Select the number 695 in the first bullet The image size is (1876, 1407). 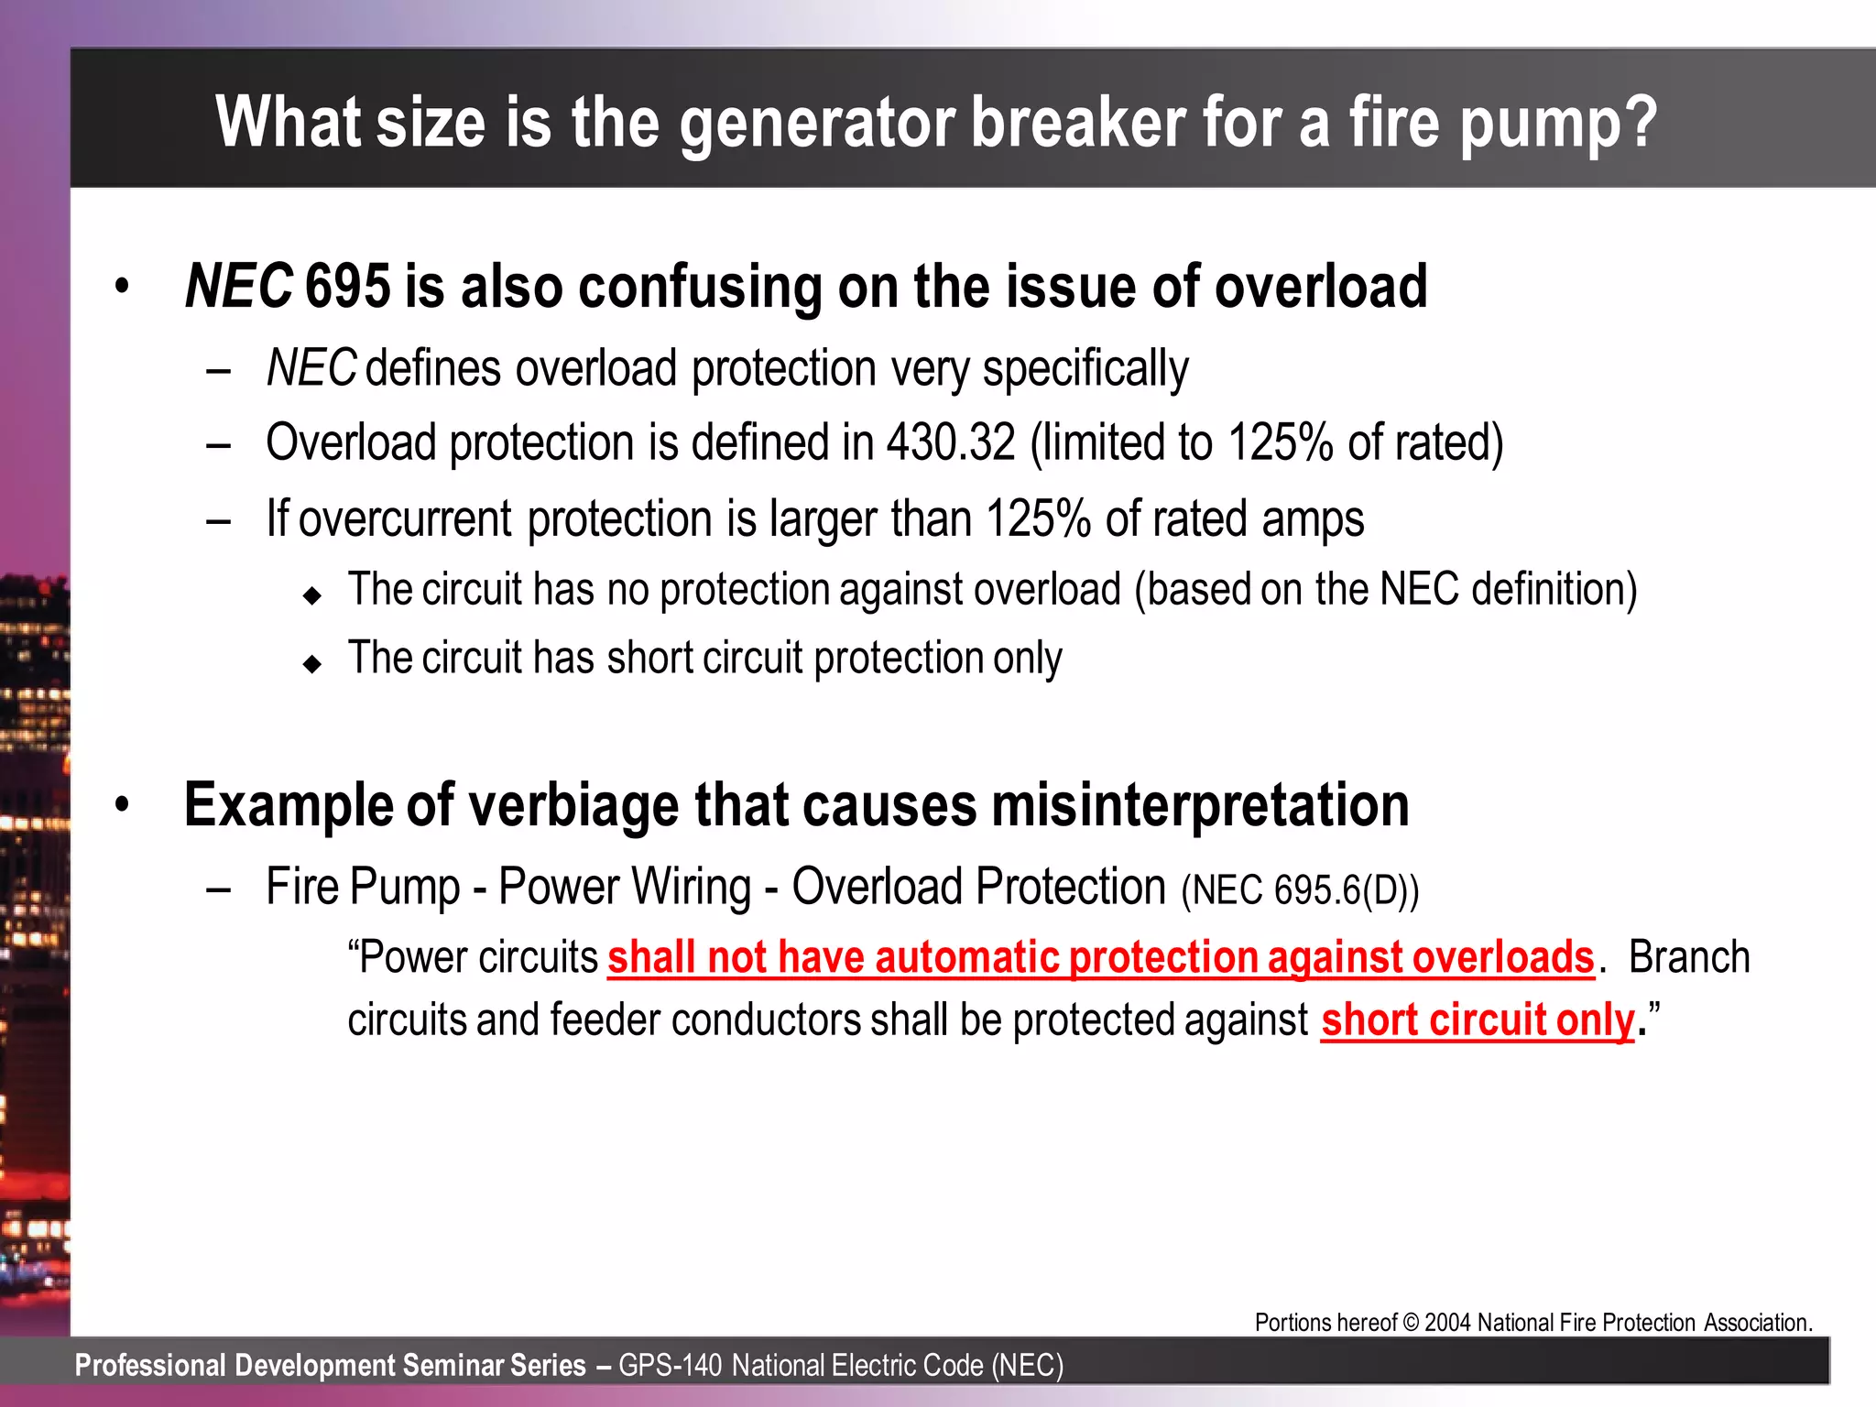[347, 287]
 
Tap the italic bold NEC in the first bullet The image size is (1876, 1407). [238, 287]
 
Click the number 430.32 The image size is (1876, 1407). [951, 443]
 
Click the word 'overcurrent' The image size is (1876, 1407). [405, 519]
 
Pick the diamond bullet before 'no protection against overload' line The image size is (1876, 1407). [312, 595]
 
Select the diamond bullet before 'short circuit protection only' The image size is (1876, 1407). [312, 664]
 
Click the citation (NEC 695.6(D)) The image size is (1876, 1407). [1300, 890]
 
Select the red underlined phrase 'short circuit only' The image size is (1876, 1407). [1477, 1020]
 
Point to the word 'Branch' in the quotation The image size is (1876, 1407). [1688, 958]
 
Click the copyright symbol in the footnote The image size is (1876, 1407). [1411, 1323]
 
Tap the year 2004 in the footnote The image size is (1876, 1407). [1448, 1323]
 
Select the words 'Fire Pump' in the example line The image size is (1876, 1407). [363, 888]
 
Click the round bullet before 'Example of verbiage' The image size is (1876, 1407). [123, 805]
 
